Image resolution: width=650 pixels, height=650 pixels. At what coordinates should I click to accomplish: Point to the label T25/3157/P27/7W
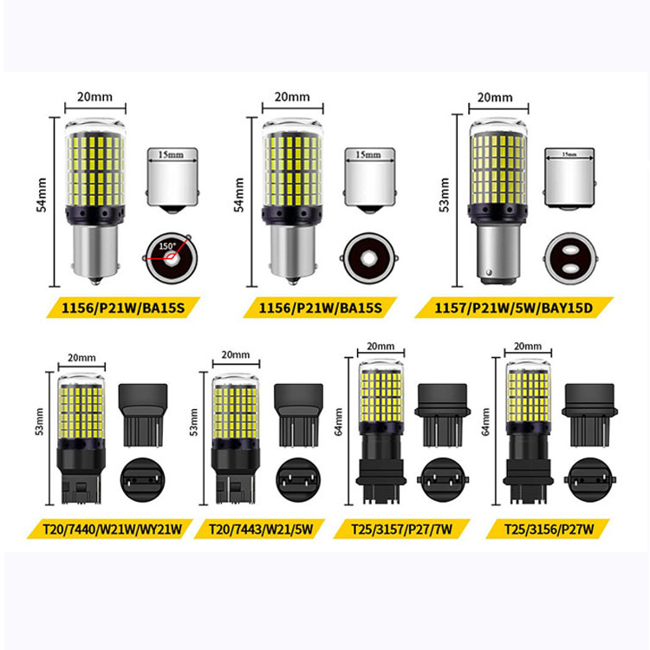coord(408,529)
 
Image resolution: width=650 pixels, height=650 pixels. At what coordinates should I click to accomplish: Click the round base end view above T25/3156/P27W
coord(588,476)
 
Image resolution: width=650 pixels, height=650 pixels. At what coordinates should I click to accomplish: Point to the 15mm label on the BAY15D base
coord(569,155)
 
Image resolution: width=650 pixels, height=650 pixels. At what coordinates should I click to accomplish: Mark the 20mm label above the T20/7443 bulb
coord(235,355)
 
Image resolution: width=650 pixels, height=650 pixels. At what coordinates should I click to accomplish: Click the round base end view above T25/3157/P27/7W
coord(443,476)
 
